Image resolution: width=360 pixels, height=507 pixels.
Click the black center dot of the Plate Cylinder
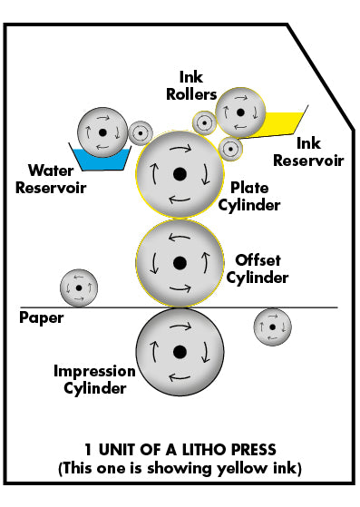180,173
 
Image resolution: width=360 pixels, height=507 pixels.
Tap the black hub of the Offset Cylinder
180,262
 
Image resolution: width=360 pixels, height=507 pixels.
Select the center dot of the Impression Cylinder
180,351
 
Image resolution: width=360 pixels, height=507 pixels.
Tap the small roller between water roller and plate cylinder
141,133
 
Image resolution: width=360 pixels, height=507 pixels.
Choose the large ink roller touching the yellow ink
238,112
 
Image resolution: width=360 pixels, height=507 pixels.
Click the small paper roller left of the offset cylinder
78,288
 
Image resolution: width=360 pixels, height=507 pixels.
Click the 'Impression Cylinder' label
94,380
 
